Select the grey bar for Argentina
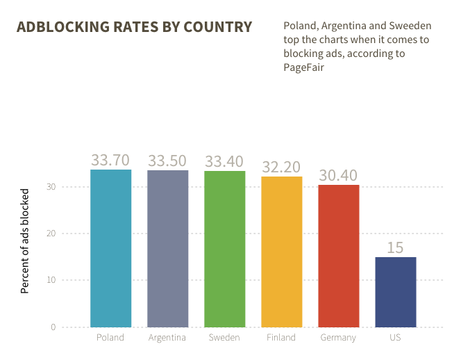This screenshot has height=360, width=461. click(168, 248)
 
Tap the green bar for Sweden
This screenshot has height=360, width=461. click(225, 249)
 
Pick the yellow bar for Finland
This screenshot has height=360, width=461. click(282, 252)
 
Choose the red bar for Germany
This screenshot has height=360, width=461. click(339, 256)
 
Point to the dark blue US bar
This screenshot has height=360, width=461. click(396, 292)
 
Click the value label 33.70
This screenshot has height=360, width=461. click(110, 160)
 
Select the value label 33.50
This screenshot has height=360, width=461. click(167, 161)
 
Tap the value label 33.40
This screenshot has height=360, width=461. click(224, 161)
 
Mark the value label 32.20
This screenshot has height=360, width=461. click(281, 167)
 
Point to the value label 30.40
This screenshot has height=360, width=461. click(338, 175)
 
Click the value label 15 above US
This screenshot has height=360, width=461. click(395, 248)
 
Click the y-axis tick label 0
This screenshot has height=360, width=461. click(53, 327)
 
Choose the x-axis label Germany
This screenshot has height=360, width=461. click(338, 338)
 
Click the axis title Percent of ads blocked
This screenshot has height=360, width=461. click(25, 240)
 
